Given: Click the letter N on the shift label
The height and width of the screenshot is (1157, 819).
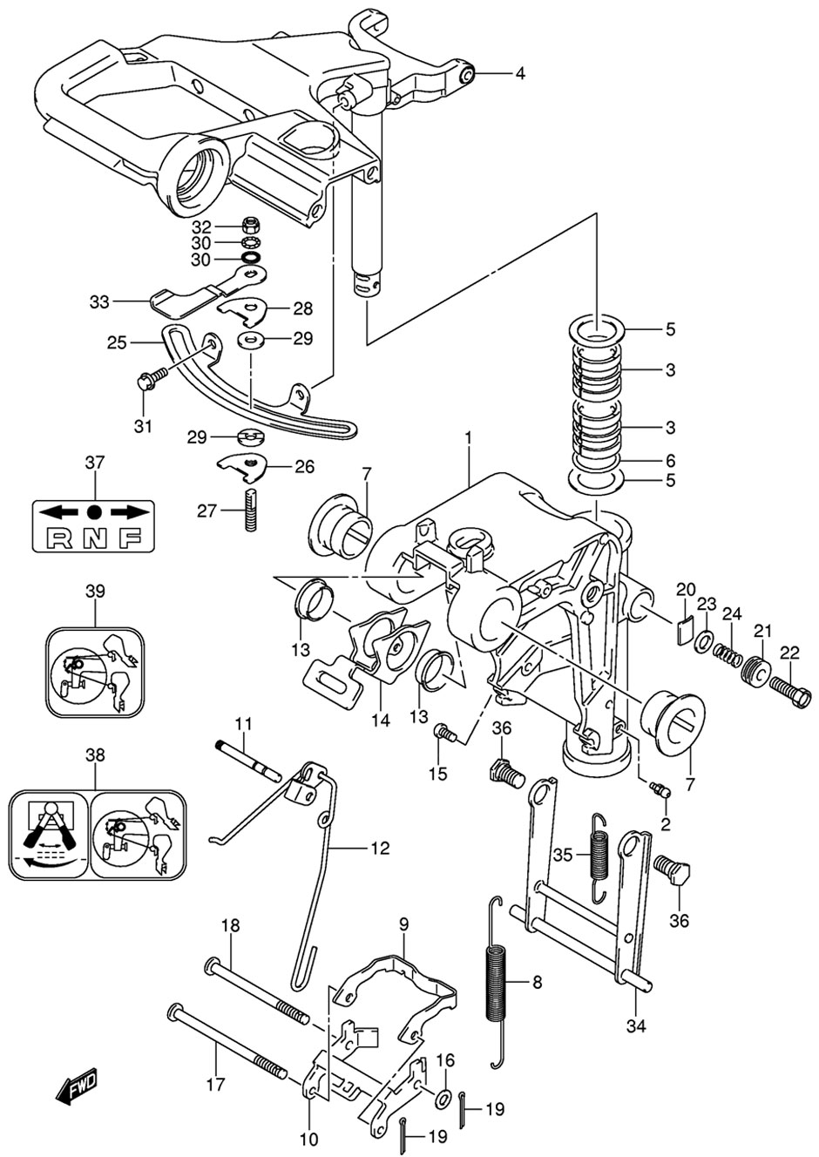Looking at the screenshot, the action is click(93, 538).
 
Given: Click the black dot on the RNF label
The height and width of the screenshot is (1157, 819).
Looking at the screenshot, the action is click(94, 512).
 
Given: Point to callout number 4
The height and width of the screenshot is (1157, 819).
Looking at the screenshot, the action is click(519, 74).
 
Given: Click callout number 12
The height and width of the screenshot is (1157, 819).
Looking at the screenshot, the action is click(380, 848).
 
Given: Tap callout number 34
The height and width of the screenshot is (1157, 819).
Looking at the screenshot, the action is click(636, 1027).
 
